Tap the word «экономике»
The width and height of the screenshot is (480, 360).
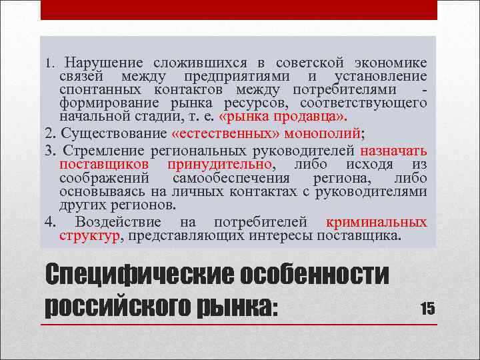click(391, 63)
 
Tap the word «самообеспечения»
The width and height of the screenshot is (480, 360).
click(231, 178)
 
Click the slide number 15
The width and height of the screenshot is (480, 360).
click(427, 307)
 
